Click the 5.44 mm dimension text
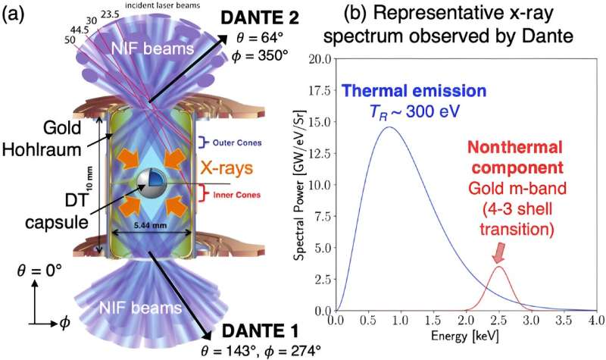point(145,225)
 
